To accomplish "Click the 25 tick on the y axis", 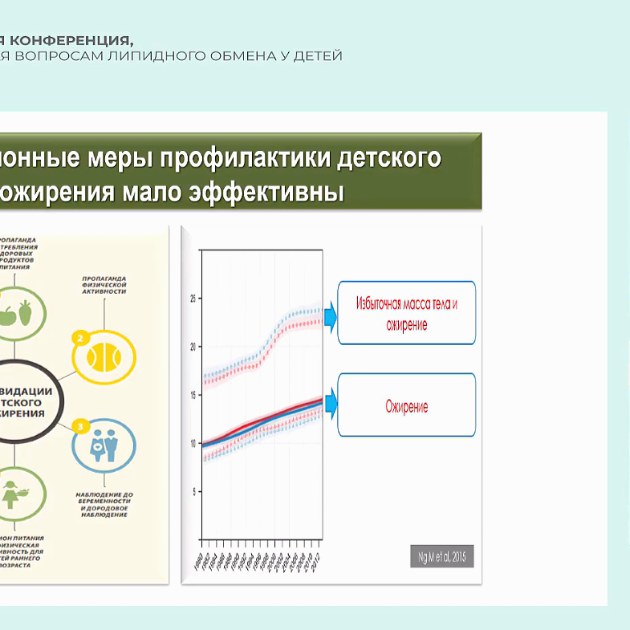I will pyautogui.click(x=192, y=299).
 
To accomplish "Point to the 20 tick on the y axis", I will pyautogui.click(x=192, y=347).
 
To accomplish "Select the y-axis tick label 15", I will pyautogui.click(x=192, y=395).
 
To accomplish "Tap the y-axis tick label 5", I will pyautogui.click(x=193, y=491).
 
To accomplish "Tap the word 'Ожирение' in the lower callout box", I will pyautogui.click(x=407, y=406).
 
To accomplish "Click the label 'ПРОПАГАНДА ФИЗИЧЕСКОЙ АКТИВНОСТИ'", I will pyautogui.click(x=105, y=285).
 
